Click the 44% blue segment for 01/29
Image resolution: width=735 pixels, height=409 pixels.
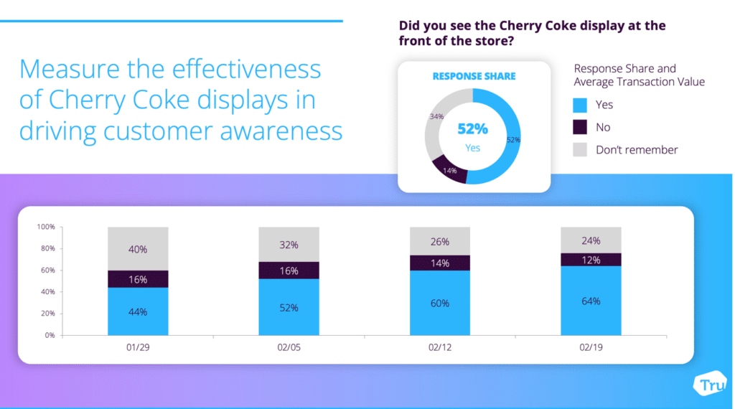[138, 311]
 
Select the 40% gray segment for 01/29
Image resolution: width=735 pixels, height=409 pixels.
[138, 249]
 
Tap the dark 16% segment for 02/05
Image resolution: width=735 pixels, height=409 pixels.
[289, 270]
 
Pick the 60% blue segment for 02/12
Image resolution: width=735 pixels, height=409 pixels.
[440, 303]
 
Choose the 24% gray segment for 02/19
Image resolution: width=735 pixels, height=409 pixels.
[591, 240]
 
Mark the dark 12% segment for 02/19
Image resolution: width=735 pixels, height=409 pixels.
[591, 259]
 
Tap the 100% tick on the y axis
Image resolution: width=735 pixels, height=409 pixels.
[45, 227]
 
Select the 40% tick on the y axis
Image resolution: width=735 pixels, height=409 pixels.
[47, 292]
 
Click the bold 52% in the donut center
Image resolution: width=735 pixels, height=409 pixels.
[473, 129]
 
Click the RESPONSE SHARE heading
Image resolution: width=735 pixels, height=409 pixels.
[473, 76]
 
